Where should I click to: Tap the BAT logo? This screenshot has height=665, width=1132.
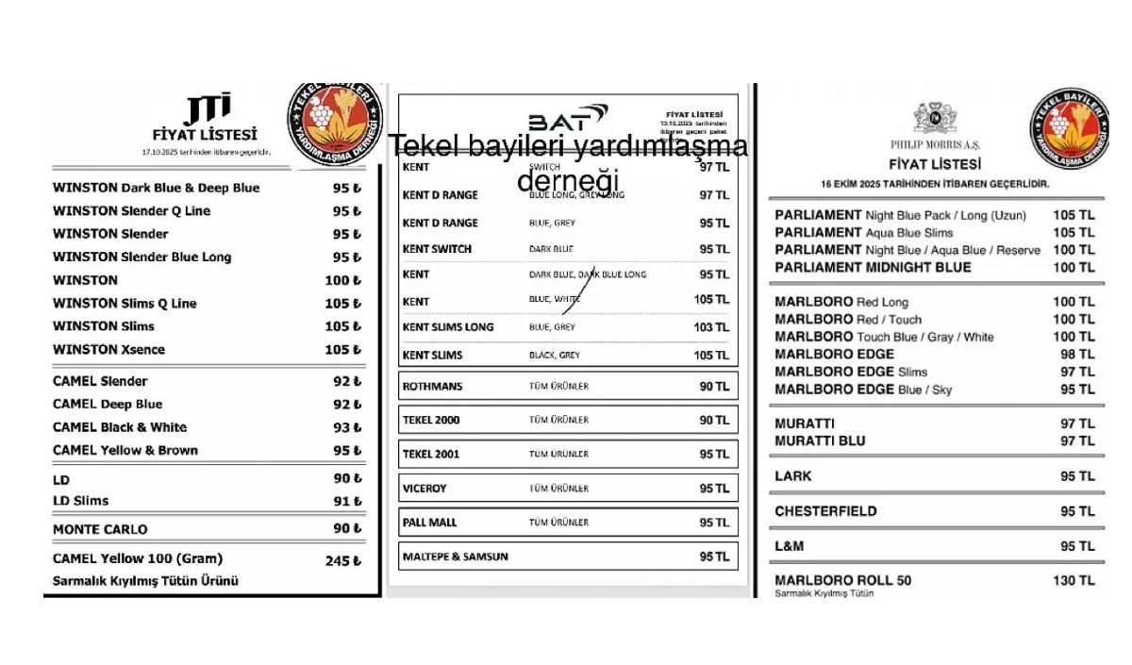pyautogui.click(x=567, y=119)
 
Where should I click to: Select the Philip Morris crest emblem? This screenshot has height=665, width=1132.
pyautogui.click(x=934, y=118)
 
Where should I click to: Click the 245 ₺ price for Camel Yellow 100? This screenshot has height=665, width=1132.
pyautogui.click(x=342, y=560)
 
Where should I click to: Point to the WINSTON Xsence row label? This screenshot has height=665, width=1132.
pyautogui.click(x=108, y=349)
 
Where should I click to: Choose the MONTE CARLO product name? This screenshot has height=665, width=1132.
pyautogui.click(x=100, y=529)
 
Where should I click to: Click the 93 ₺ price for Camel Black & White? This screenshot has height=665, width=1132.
pyautogui.click(x=346, y=427)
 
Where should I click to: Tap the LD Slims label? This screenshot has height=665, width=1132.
pyautogui.click(x=80, y=501)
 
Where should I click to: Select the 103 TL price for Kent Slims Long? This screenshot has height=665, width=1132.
pyautogui.click(x=711, y=327)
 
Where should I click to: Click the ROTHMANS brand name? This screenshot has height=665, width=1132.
pyautogui.click(x=432, y=387)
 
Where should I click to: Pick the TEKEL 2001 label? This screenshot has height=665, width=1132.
pyautogui.click(x=431, y=454)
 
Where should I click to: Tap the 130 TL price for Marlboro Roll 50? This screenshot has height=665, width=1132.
pyautogui.click(x=1074, y=581)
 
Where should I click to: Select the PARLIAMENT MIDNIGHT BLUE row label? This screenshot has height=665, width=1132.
pyautogui.click(x=873, y=268)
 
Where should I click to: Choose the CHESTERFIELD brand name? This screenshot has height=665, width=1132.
pyautogui.click(x=825, y=511)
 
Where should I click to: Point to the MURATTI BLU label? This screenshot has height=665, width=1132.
pyautogui.click(x=820, y=441)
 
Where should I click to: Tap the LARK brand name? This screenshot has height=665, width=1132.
pyautogui.click(x=792, y=476)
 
